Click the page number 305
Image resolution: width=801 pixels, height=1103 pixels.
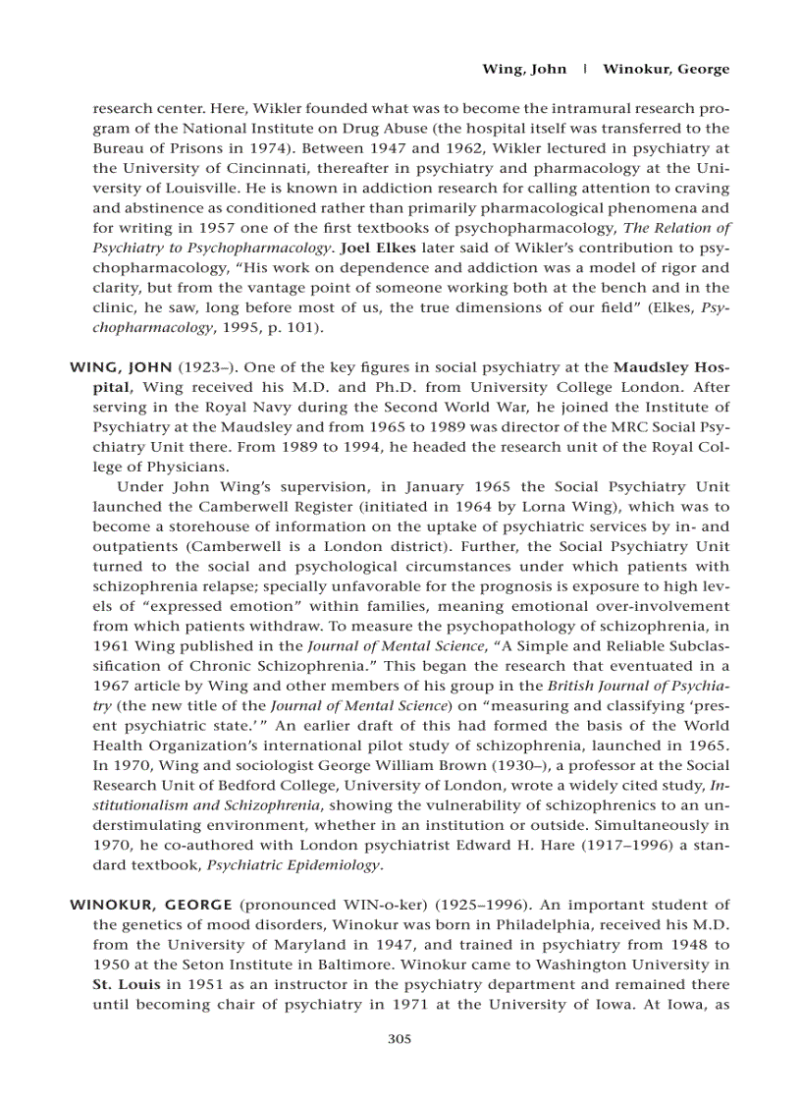[x=400, y=1038]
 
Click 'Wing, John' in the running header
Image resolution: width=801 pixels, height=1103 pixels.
[x=524, y=69]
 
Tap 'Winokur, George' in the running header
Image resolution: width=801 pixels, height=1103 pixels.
[x=666, y=69]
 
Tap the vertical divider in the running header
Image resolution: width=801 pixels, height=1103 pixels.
[x=585, y=69]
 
